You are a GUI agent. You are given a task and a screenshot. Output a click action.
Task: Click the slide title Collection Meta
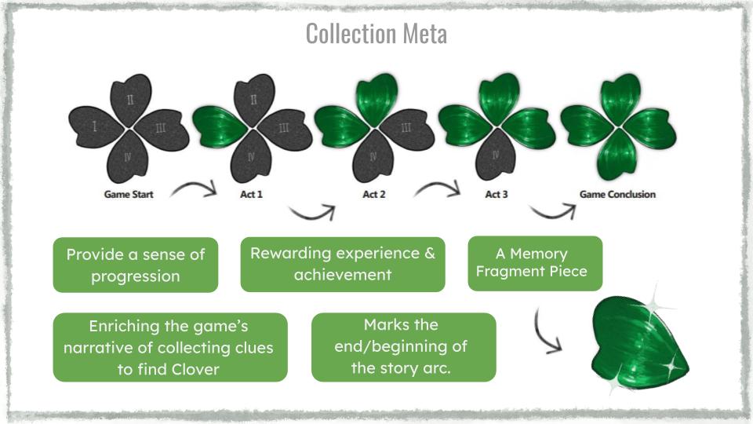(376, 34)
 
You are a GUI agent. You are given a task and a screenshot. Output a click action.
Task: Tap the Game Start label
(129, 194)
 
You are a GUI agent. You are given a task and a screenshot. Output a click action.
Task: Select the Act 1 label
(252, 194)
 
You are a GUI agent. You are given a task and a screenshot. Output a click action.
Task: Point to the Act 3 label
(496, 194)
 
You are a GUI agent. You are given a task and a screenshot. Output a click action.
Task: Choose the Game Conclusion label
(617, 194)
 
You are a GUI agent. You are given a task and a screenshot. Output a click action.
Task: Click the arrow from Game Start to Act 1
(194, 188)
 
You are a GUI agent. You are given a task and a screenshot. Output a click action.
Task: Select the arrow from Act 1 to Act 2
(312, 211)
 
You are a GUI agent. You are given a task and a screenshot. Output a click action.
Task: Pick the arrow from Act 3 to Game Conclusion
(554, 211)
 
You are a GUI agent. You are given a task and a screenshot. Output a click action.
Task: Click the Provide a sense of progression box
(135, 265)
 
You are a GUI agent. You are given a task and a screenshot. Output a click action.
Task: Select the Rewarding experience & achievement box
(342, 264)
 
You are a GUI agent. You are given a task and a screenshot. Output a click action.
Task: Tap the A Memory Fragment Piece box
(535, 263)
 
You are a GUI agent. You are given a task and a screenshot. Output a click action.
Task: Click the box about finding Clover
(170, 347)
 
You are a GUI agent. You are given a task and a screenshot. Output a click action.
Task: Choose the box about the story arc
(403, 347)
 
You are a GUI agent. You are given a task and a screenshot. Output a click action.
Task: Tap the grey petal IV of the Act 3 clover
(495, 156)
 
